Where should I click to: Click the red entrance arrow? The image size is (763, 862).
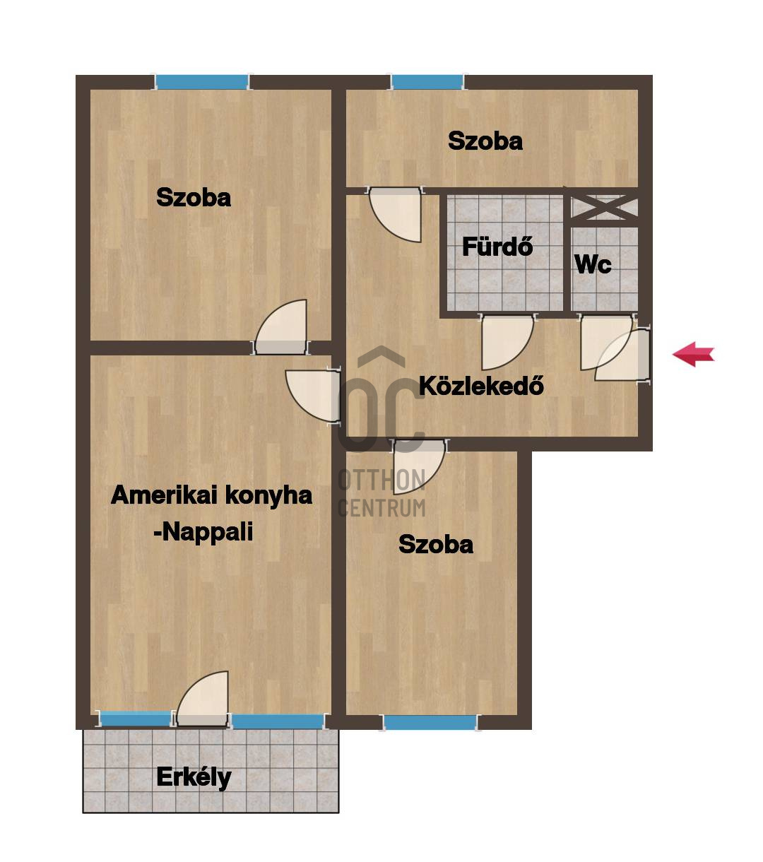pos(693,353)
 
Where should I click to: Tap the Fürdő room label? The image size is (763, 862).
pos(497,247)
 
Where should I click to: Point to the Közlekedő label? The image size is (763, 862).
pos(481,386)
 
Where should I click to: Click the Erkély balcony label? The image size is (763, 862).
pos(194,778)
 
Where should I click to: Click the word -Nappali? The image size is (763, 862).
pos(203,532)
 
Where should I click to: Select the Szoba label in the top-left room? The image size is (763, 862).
pos(193,197)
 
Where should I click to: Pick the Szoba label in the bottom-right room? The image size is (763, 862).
pos(436,545)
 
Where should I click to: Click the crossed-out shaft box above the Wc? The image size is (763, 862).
pos(604,207)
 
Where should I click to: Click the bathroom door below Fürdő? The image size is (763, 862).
pos(507,342)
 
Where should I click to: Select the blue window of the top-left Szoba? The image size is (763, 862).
pos(202,82)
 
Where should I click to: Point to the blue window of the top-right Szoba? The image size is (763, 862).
pos(427,82)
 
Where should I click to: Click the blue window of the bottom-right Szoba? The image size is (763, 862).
pos(430,722)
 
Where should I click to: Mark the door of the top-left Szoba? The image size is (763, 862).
pos(281,326)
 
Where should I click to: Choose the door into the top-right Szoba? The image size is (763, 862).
pos(396,215)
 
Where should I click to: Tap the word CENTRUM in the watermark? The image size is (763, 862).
pos(381,507)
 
